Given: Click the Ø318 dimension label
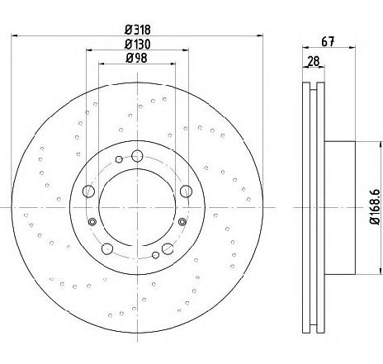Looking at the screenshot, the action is [138, 30].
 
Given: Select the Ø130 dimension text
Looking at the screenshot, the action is [138, 45].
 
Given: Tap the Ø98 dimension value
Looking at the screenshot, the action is [136, 58].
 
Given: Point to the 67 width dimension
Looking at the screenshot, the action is [328, 42].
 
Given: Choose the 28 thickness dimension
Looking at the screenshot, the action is [314, 61].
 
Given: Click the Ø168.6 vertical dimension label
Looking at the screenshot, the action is [375, 207].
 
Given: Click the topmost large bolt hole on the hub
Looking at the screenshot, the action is [137, 156].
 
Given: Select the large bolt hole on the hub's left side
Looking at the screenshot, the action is [88, 191].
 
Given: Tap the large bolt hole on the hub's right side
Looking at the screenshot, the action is [186, 191].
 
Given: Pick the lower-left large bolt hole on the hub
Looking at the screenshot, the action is [107, 248].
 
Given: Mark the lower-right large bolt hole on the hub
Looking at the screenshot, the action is [168, 248].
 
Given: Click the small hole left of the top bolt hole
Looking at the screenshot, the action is [119, 159].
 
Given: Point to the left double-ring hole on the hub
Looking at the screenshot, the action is [92, 222].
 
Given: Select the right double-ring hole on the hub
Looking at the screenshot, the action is [182, 222].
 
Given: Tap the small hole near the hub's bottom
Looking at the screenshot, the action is [155, 255].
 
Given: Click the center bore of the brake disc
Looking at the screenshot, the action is [137, 207].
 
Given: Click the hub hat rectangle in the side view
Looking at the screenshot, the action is [340, 208].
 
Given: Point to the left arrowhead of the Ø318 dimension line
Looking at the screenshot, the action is [14, 35].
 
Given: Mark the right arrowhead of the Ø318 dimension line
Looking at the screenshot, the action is [260, 35].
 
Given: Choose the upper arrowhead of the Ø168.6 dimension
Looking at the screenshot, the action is [381, 144].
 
